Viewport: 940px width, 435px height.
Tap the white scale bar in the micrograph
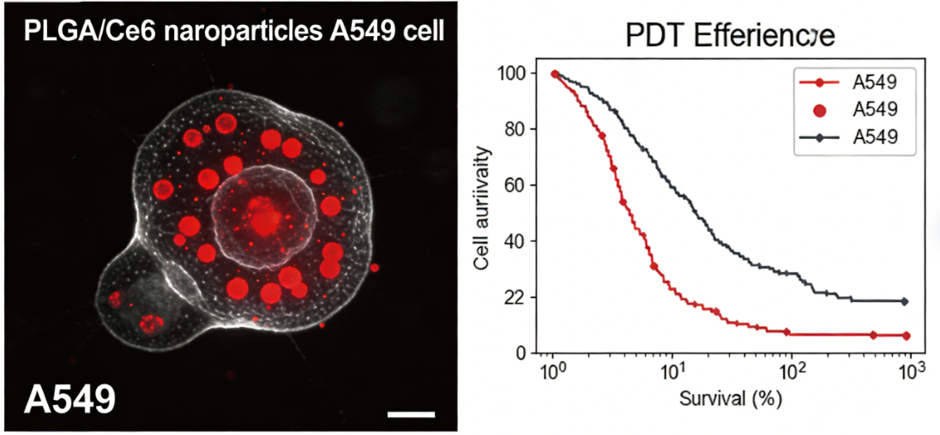[x=411, y=414]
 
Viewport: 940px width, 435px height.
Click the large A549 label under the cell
[x=69, y=400]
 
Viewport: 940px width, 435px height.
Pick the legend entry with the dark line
[x=849, y=137]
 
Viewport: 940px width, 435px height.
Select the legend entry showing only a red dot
[x=849, y=110]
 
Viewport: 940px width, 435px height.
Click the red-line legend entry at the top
[x=849, y=82]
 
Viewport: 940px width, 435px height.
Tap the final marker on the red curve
[x=907, y=335]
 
